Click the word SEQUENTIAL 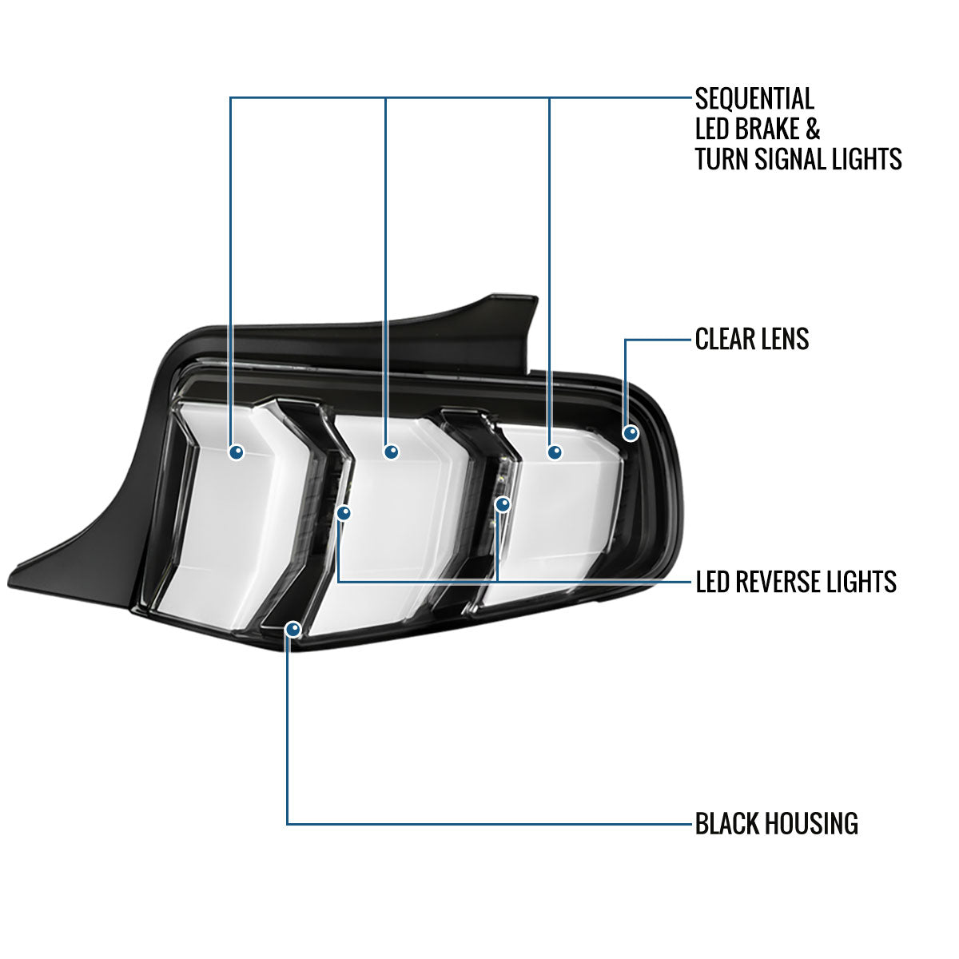point(754,98)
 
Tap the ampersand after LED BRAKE point(812,129)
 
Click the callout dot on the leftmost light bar point(237,452)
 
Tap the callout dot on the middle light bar point(392,452)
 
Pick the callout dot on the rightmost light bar point(555,452)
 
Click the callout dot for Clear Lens point(631,433)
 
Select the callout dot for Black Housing point(293,629)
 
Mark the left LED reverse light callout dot point(344,512)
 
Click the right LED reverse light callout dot point(503,504)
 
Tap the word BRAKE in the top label point(767,129)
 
